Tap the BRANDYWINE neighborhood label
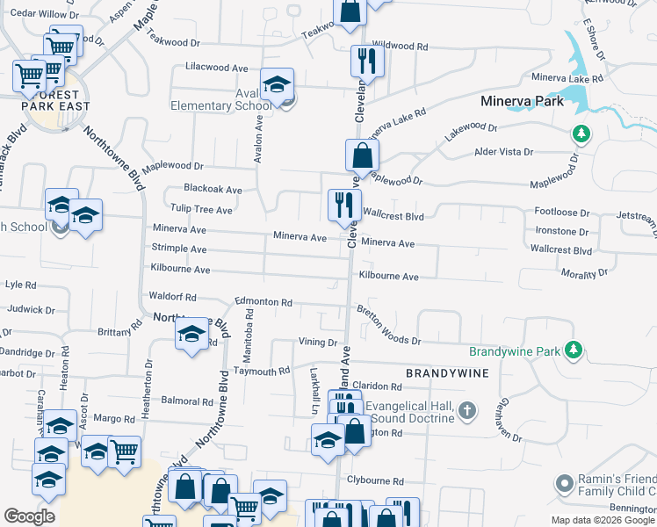[446, 373]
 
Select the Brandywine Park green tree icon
[574, 350]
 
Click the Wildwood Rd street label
[400, 45]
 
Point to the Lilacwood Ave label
[217, 67]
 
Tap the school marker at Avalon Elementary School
[277, 85]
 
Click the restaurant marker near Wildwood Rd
[366, 61]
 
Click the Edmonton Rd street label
[263, 302]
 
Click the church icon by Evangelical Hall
[467, 410]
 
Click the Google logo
[29, 516]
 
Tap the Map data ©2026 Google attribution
[603, 520]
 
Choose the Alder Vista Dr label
[503, 152]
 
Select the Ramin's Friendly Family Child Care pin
[564, 483]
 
